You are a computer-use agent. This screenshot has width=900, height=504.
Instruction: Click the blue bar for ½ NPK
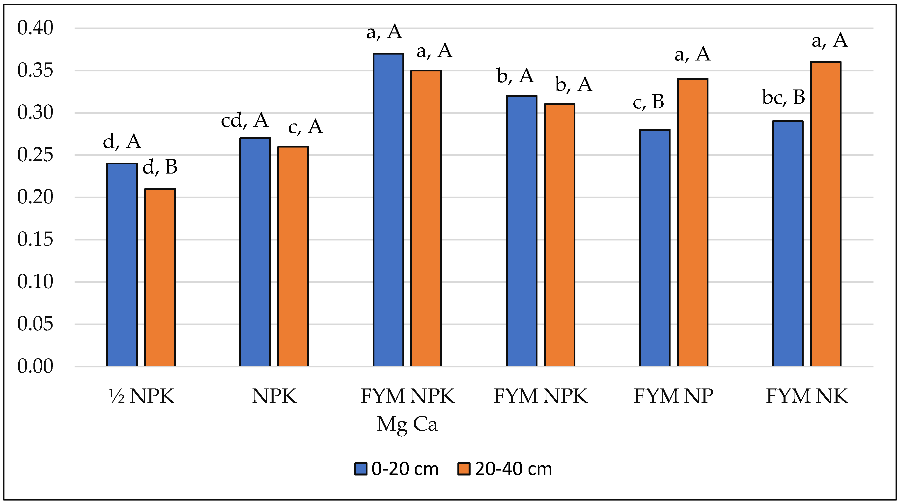[x=122, y=265]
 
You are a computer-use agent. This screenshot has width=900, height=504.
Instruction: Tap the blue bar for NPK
[x=255, y=252]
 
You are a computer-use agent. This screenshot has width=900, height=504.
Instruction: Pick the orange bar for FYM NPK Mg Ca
[x=426, y=218]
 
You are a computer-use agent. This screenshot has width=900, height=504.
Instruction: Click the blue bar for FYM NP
[x=654, y=248]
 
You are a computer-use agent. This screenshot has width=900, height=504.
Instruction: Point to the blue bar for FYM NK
[x=787, y=244]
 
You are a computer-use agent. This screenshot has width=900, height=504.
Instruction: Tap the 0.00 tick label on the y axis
[x=35, y=367]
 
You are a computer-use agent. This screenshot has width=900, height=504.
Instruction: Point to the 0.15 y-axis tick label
[x=35, y=240]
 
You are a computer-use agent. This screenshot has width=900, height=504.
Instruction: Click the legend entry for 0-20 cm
[x=396, y=469]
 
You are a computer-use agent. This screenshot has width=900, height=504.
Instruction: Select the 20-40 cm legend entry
[x=505, y=469]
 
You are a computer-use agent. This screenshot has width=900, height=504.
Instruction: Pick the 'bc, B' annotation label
[x=784, y=97]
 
